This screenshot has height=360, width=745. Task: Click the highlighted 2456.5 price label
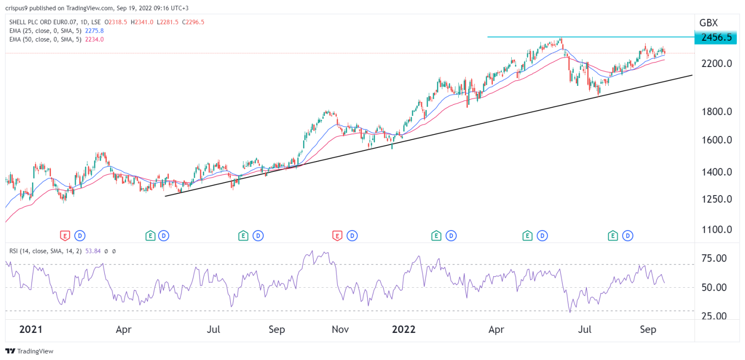tap(715, 37)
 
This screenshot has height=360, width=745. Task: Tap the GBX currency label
tap(709, 23)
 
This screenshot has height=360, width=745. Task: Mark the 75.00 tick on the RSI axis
tap(715, 259)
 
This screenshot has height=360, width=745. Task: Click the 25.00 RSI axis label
tap(715, 316)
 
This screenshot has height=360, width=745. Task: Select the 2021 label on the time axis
tap(30, 330)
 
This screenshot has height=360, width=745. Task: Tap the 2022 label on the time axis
tap(404, 330)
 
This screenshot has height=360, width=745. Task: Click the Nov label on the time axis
tap(340, 330)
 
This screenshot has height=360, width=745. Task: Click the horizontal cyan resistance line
tap(582, 37)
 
